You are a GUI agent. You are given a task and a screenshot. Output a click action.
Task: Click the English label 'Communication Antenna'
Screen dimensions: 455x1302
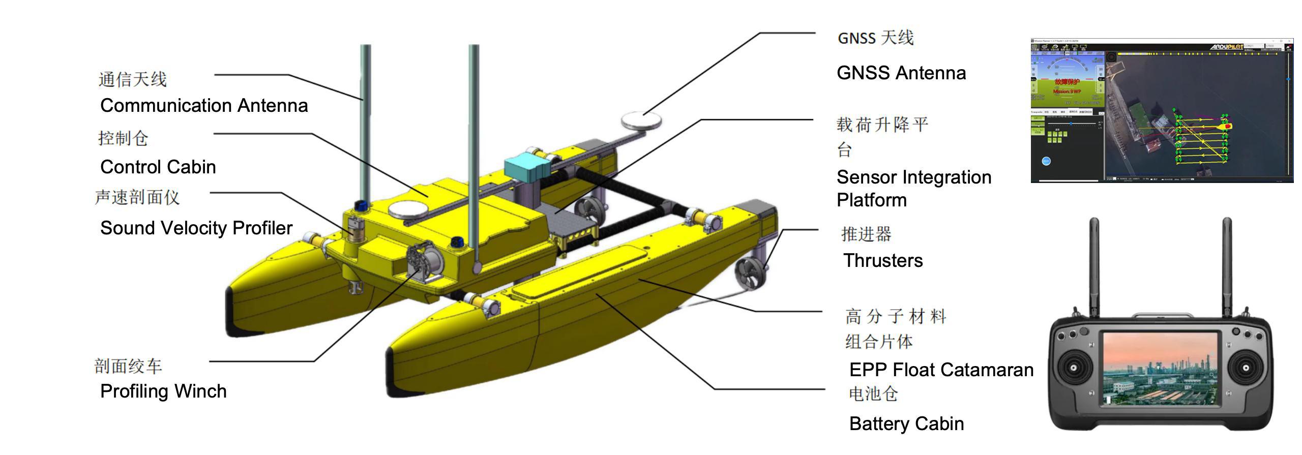(204, 106)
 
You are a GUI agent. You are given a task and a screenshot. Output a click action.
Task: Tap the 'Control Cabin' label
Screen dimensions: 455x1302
(158, 167)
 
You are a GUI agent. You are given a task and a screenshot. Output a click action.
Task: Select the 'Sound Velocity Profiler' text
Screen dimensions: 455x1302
(196, 228)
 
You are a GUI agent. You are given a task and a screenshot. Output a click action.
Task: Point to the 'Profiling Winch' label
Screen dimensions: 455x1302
(163, 391)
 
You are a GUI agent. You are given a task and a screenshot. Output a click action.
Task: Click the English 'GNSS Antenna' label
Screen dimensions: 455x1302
(901, 73)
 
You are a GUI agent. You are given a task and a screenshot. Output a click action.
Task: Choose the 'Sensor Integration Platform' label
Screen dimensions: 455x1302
(913, 189)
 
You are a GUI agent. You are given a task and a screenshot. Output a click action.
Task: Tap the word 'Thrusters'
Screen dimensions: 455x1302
(882, 261)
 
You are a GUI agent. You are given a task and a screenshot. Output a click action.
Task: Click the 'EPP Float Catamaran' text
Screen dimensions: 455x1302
(941, 370)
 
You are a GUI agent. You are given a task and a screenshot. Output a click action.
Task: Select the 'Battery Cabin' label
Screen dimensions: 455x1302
(906, 424)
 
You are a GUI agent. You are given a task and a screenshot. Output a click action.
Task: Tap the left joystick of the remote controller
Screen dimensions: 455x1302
(1074, 368)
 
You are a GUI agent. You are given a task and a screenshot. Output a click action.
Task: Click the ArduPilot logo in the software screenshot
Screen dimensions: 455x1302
(1226, 47)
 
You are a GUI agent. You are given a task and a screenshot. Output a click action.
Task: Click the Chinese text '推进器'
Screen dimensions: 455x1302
(866, 234)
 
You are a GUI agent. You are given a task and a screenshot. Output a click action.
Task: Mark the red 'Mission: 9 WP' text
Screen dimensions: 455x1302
(1067, 92)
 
